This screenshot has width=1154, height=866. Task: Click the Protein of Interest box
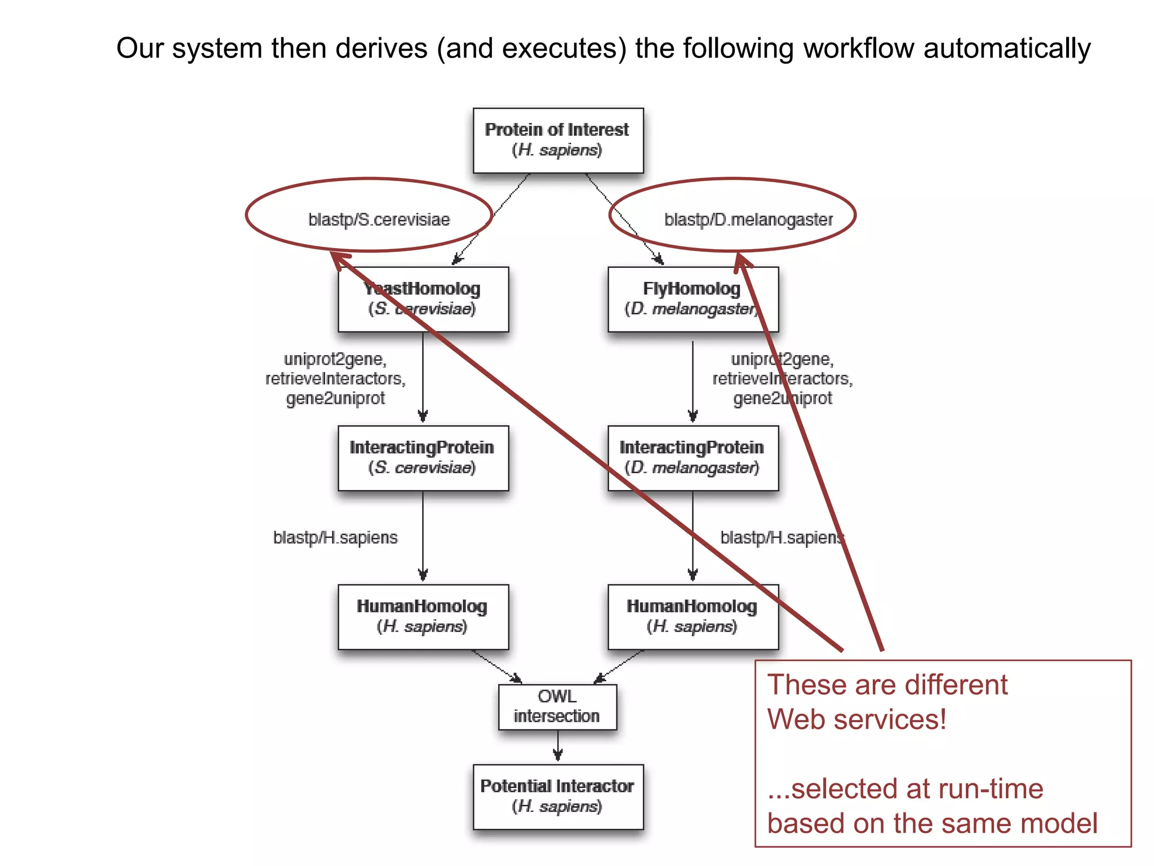[558, 140]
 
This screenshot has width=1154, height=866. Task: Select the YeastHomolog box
[423, 299]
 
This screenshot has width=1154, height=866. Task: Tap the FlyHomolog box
[693, 299]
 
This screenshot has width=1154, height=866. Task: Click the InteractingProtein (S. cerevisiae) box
[423, 458]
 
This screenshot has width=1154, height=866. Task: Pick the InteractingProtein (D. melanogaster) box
[693, 458]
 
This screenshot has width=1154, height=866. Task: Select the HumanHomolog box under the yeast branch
[423, 616]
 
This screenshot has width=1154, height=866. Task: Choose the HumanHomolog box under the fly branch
[693, 616]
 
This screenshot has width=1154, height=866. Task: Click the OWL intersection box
[557, 706]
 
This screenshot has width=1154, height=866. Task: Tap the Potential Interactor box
[558, 796]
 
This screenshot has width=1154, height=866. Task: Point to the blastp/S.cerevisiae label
[379, 219]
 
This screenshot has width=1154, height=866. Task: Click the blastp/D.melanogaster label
[748, 219]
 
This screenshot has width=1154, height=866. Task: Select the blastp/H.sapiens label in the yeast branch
[335, 537]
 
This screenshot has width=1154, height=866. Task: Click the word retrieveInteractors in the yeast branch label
[335, 378]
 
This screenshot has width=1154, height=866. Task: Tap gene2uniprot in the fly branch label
[782, 398]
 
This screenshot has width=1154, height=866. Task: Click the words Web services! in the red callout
[856, 719]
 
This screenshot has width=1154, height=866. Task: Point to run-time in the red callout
[975, 788]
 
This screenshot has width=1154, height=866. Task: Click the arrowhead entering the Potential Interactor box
[558, 755]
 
